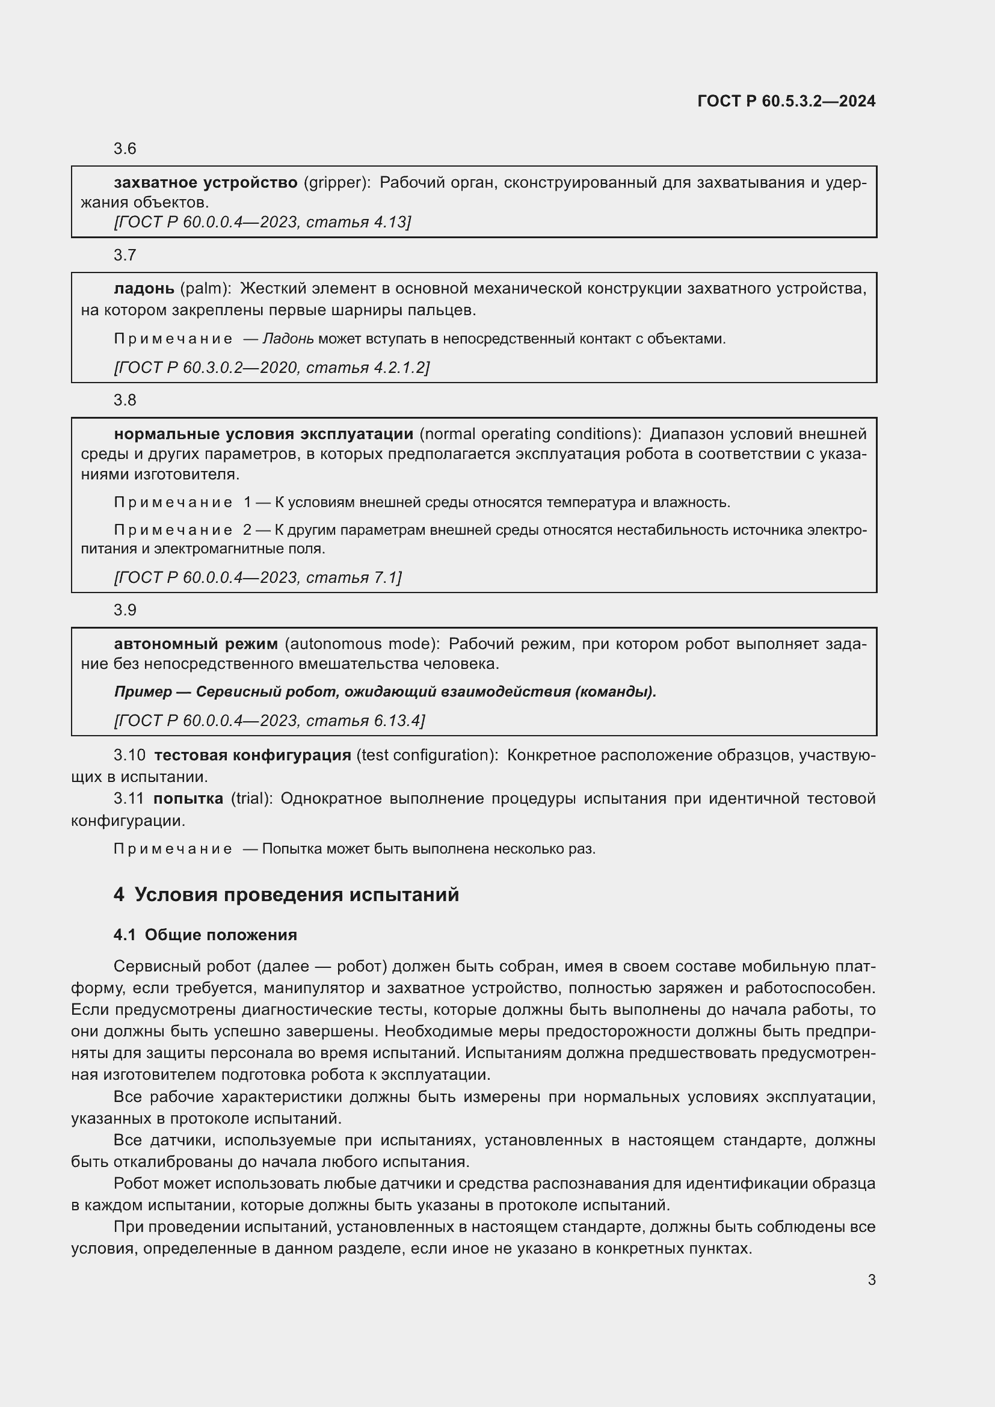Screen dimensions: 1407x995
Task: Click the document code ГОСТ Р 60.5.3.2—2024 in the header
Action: point(786,101)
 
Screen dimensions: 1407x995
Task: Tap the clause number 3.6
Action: point(125,149)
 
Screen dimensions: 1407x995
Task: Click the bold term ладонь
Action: point(144,289)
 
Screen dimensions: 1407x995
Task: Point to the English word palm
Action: point(205,289)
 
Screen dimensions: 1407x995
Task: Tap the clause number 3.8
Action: point(125,400)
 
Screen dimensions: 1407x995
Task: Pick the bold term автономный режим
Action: point(196,644)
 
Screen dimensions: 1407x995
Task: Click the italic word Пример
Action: point(143,692)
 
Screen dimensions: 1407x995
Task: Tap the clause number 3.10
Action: point(129,756)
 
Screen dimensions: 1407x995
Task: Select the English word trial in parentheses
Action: point(251,799)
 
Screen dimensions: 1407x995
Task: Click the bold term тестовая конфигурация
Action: point(253,756)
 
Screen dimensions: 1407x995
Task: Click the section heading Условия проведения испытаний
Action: point(297,894)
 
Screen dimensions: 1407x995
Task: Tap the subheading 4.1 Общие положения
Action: point(205,935)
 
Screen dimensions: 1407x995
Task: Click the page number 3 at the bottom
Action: point(871,1280)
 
